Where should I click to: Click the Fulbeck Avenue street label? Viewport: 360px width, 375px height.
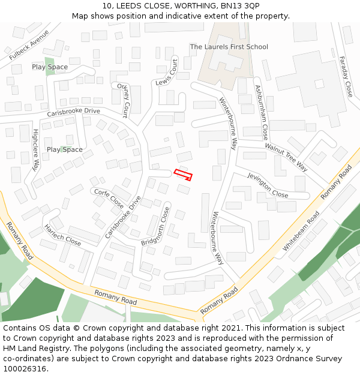tap(29, 45)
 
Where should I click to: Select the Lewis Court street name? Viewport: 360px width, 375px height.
tap(166, 73)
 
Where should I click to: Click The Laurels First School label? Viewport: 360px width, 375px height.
tap(229, 47)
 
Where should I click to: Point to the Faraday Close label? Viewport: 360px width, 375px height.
tap(346, 77)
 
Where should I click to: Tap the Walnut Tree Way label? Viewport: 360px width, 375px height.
tap(286, 157)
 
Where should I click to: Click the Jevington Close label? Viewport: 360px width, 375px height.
tap(268, 185)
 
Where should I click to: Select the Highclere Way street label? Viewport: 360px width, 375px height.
tap(35, 149)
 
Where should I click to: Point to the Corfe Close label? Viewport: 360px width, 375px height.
tap(109, 198)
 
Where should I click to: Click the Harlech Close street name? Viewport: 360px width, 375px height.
tap(62, 235)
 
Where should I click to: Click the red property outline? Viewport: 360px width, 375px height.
tap(183, 175)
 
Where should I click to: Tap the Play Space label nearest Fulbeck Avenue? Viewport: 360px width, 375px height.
tap(50, 67)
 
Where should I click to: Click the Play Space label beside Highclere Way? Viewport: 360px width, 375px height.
tap(64, 149)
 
